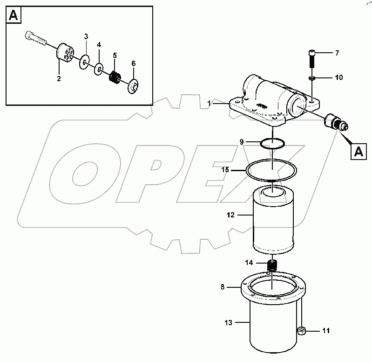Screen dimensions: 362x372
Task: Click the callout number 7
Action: [x=337, y=53]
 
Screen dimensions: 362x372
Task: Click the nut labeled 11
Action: [x=301, y=331]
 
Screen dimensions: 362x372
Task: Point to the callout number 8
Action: [x=223, y=287]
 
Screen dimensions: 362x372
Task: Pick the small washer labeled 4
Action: [x=99, y=70]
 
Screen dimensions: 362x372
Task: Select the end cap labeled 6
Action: [x=133, y=86]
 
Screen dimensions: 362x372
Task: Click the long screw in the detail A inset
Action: [x=35, y=39]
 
